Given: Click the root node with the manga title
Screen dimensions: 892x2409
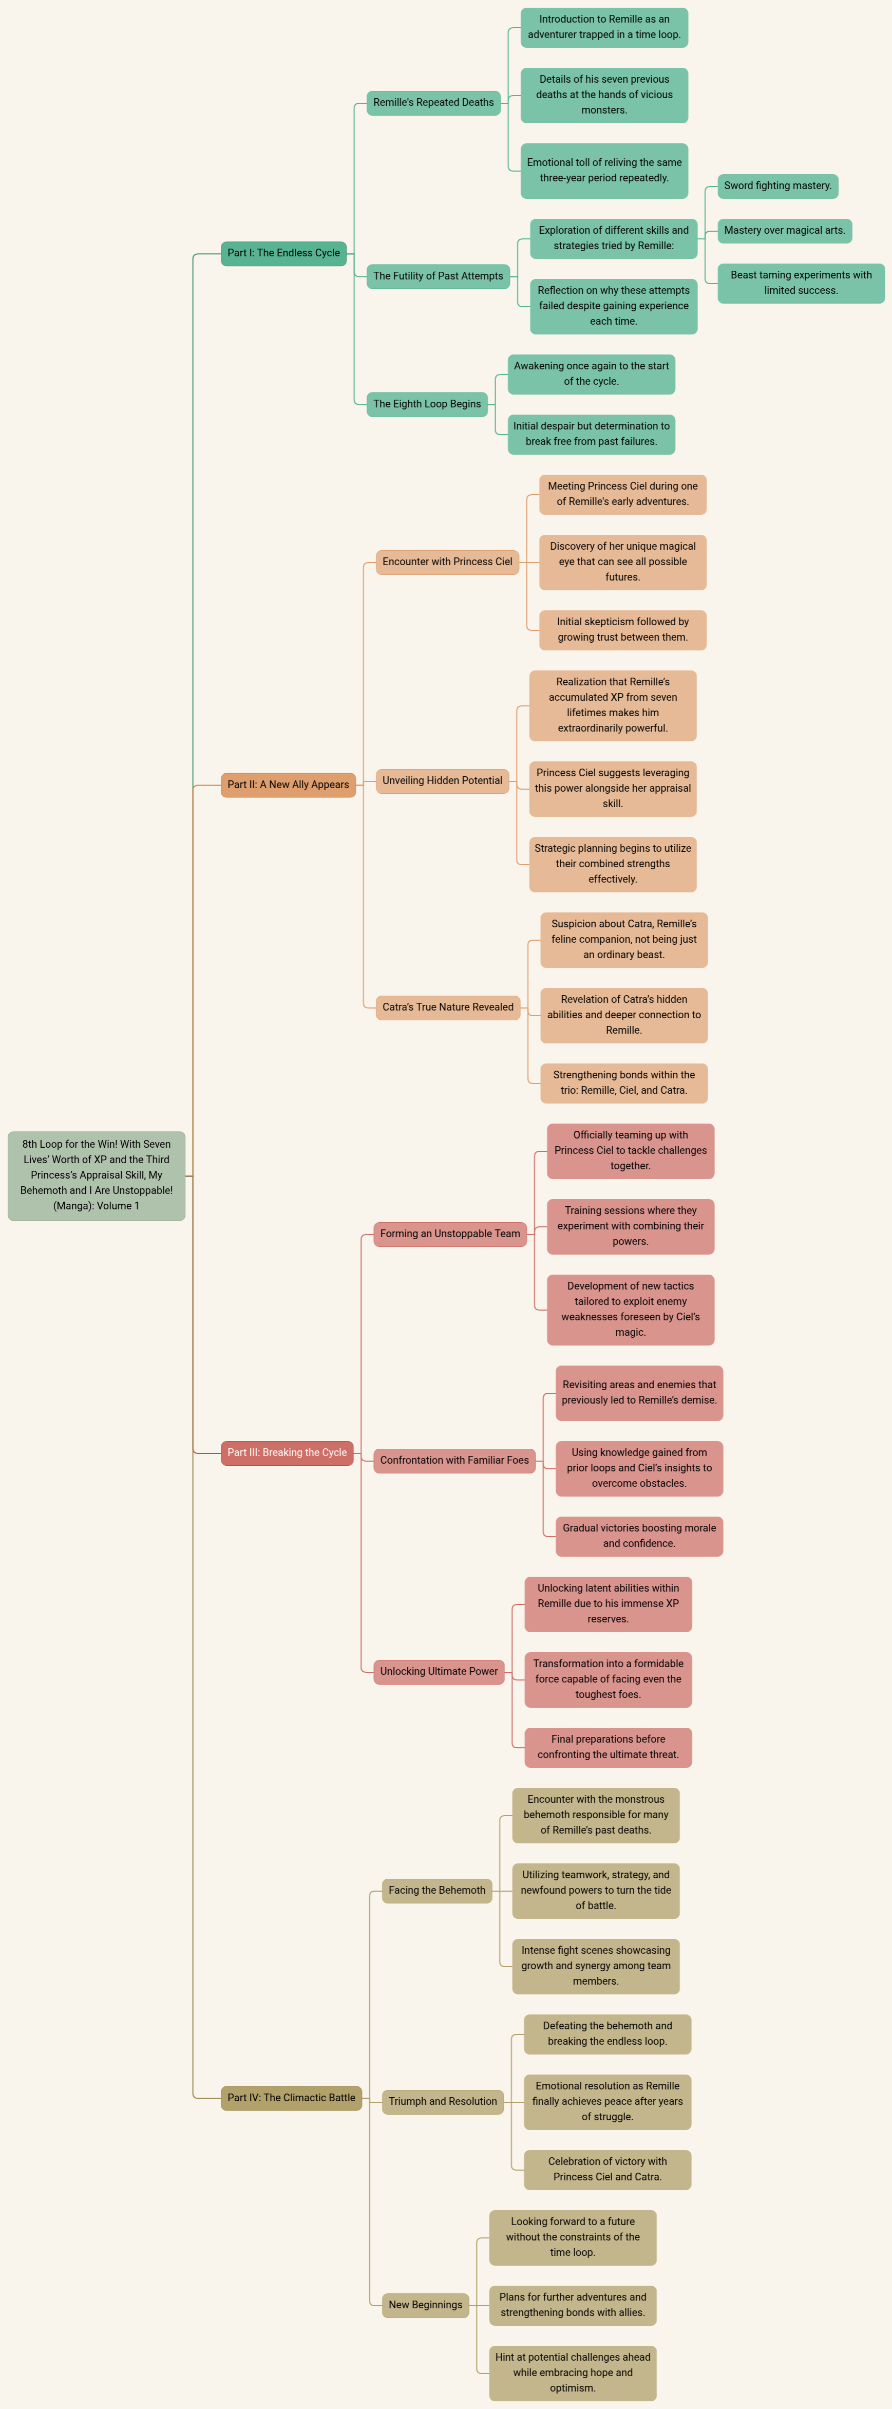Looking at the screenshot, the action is click(x=97, y=1175).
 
